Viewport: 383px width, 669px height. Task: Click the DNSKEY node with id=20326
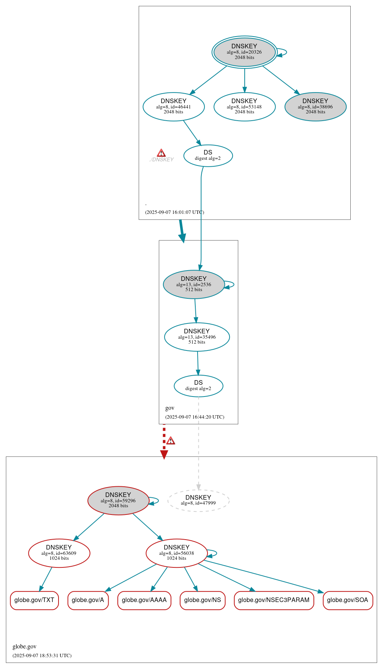coord(244,52)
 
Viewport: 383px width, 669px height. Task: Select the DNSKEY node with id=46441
coord(174,107)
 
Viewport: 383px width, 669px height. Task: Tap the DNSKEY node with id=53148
coord(244,107)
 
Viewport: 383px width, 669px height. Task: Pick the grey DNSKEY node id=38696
coord(315,107)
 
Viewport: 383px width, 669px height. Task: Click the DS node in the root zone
coord(208,156)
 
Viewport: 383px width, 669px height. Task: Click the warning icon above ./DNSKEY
coord(161,153)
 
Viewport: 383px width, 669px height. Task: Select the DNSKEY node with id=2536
coord(194,285)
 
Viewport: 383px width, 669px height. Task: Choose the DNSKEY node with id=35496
coord(197,337)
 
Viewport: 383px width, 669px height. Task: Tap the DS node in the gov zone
coord(198,386)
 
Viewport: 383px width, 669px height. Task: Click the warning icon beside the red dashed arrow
coord(171,441)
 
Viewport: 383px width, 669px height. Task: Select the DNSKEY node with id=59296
coord(118,501)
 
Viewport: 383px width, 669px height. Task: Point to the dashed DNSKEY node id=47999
coord(198,501)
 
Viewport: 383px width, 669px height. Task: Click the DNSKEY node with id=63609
coord(59,553)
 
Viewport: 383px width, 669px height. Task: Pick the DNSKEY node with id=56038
coord(177,553)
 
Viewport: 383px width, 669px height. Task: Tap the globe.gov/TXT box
coord(34,601)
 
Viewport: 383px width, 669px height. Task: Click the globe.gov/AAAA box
coord(144,601)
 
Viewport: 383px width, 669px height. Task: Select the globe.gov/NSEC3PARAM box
coord(274,601)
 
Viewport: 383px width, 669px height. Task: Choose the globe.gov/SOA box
coord(348,601)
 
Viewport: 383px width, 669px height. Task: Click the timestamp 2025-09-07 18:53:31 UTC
coord(42,656)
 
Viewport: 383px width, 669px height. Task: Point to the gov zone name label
coord(169,408)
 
